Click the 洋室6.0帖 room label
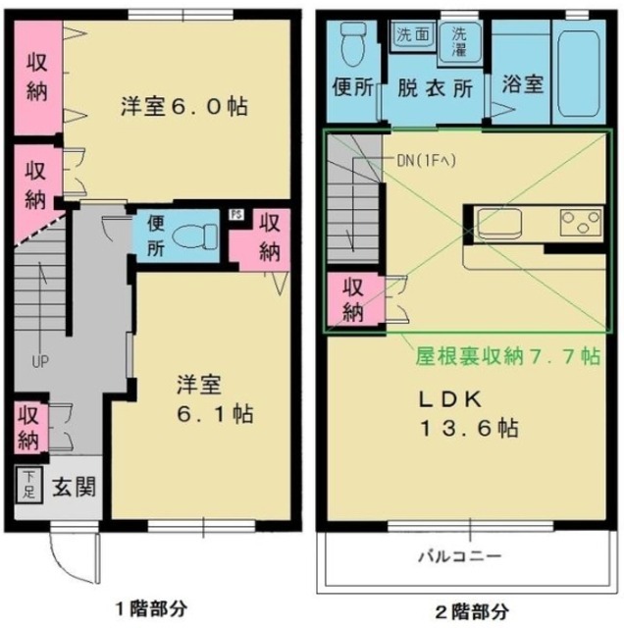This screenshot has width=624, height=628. (182, 105)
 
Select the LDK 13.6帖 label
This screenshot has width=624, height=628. (464, 413)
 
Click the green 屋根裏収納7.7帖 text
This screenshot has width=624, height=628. (505, 353)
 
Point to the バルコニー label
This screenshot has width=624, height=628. (461, 555)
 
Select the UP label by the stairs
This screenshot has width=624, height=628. (39, 361)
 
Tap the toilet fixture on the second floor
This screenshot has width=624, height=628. (351, 41)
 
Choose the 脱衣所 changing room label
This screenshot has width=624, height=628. (434, 85)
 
